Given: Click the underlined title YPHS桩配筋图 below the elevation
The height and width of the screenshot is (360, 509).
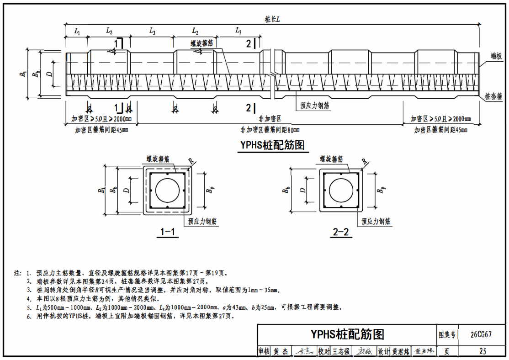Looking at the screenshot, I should point(272,145).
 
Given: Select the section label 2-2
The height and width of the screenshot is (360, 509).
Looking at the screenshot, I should point(341,233).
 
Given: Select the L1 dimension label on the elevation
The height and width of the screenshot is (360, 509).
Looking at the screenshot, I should point(77,32).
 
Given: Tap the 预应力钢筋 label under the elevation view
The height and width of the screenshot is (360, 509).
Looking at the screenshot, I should point(315,105).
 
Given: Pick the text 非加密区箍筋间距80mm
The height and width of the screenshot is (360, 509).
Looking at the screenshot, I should point(270,130).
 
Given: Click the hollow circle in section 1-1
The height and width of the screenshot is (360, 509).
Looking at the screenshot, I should point(168,190).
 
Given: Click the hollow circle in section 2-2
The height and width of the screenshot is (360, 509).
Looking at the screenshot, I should point(341,190).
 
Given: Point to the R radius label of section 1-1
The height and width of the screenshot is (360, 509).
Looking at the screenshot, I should point(191,161).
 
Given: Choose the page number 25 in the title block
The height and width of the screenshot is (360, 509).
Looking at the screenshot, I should point(482,351).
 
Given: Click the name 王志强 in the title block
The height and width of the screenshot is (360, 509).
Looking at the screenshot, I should point(341,351).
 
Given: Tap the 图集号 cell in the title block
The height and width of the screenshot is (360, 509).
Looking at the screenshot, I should point(447,334).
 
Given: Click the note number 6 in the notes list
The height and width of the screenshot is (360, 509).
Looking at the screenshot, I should point(28,316).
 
